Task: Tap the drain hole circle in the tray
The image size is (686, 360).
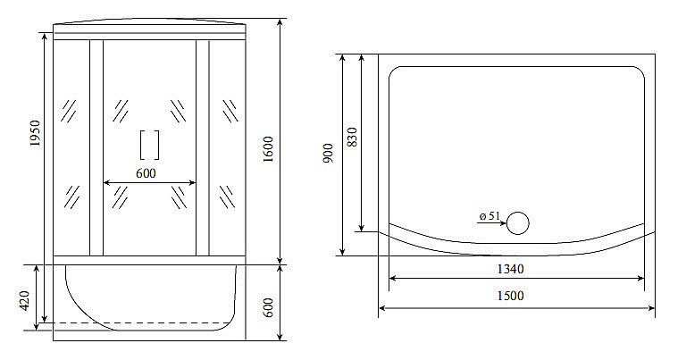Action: coord(518,223)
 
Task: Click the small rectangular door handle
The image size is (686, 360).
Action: coord(149,144)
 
